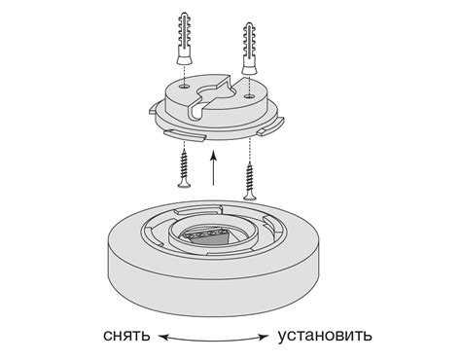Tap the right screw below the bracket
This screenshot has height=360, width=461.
250,176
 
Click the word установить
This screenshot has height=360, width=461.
323,338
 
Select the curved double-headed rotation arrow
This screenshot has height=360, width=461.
214,339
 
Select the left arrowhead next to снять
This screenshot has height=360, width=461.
162,338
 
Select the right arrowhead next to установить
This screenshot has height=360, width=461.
265,338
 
